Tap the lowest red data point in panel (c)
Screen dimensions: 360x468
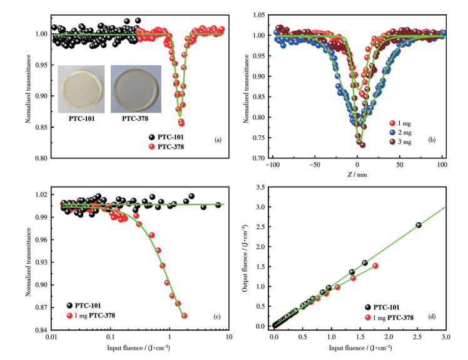(184, 316)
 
